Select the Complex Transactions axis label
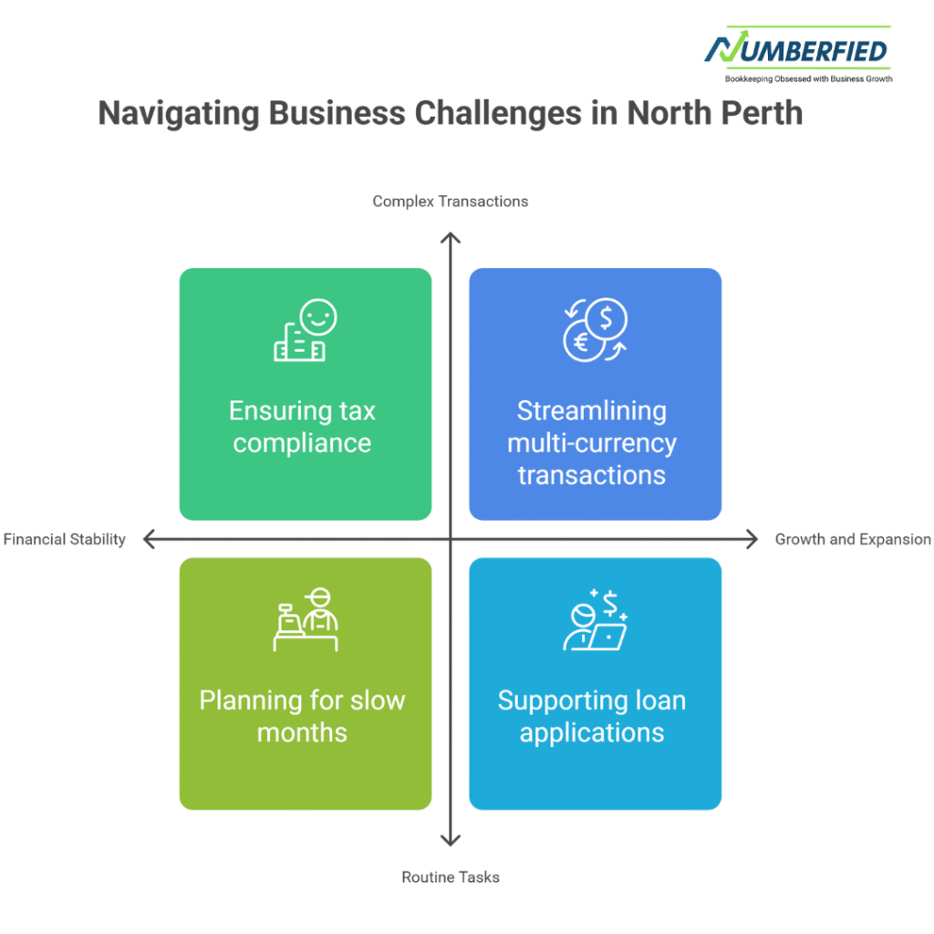click(x=450, y=202)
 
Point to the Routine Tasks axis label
click(x=451, y=877)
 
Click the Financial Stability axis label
click(x=65, y=539)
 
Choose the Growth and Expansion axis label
click(x=853, y=539)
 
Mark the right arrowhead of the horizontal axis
click(x=752, y=540)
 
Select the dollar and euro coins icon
click(x=595, y=330)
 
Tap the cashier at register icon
click(x=306, y=620)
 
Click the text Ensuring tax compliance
click(x=302, y=427)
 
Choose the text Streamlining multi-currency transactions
click(x=592, y=442)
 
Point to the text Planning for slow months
click(x=302, y=717)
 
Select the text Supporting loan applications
click(x=592, y=717)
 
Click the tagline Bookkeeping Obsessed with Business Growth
click(x=808, y=79)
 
